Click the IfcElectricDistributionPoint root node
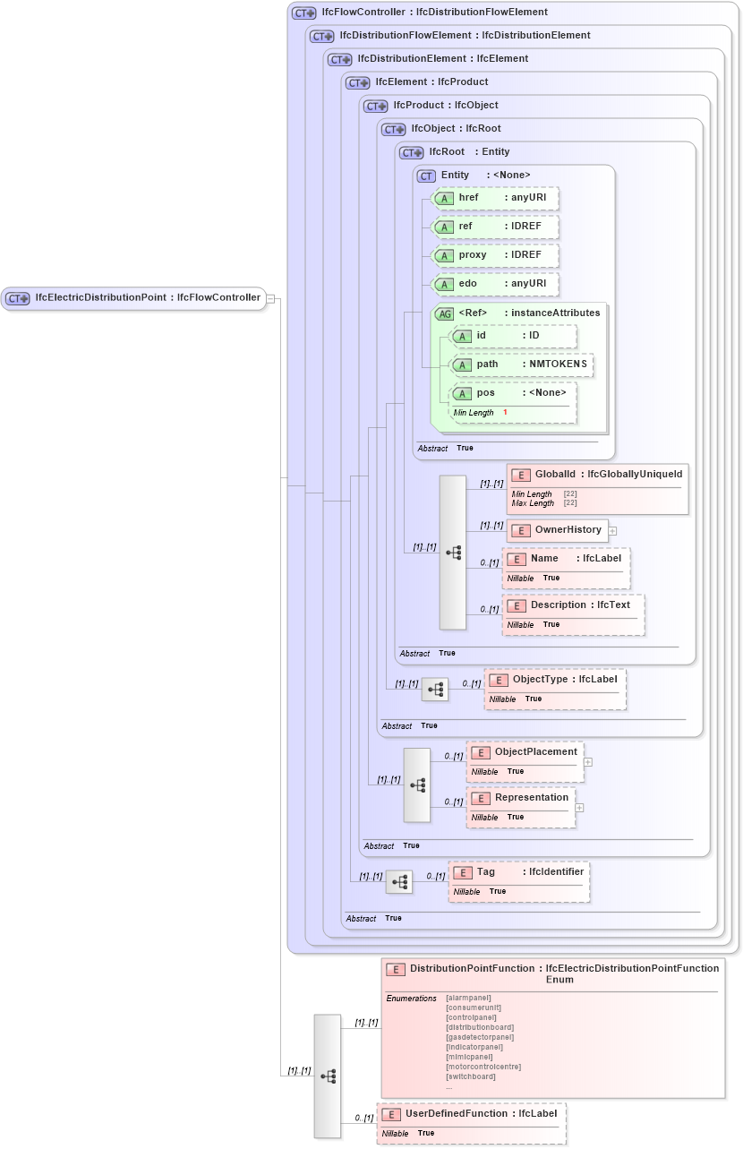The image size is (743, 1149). [134, 298]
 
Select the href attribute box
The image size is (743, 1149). [496, 198]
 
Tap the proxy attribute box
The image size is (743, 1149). [496, 255]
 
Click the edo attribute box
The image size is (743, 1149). [496, 284]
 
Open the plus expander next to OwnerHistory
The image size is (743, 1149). [612, 530]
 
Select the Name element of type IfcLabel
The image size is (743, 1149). [567, 567]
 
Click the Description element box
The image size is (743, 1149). [573, 613]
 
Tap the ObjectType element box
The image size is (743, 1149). [555, 688]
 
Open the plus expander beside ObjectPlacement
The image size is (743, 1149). [588, 762]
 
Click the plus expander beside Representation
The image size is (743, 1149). [579, 807]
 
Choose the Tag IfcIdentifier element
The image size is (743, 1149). [519, 881]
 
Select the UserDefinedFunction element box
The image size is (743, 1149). [471, 1123]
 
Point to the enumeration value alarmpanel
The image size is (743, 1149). [468, 998]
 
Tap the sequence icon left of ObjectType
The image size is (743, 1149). [435, 689]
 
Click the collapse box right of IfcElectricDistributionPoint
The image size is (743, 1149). [270, 298]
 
